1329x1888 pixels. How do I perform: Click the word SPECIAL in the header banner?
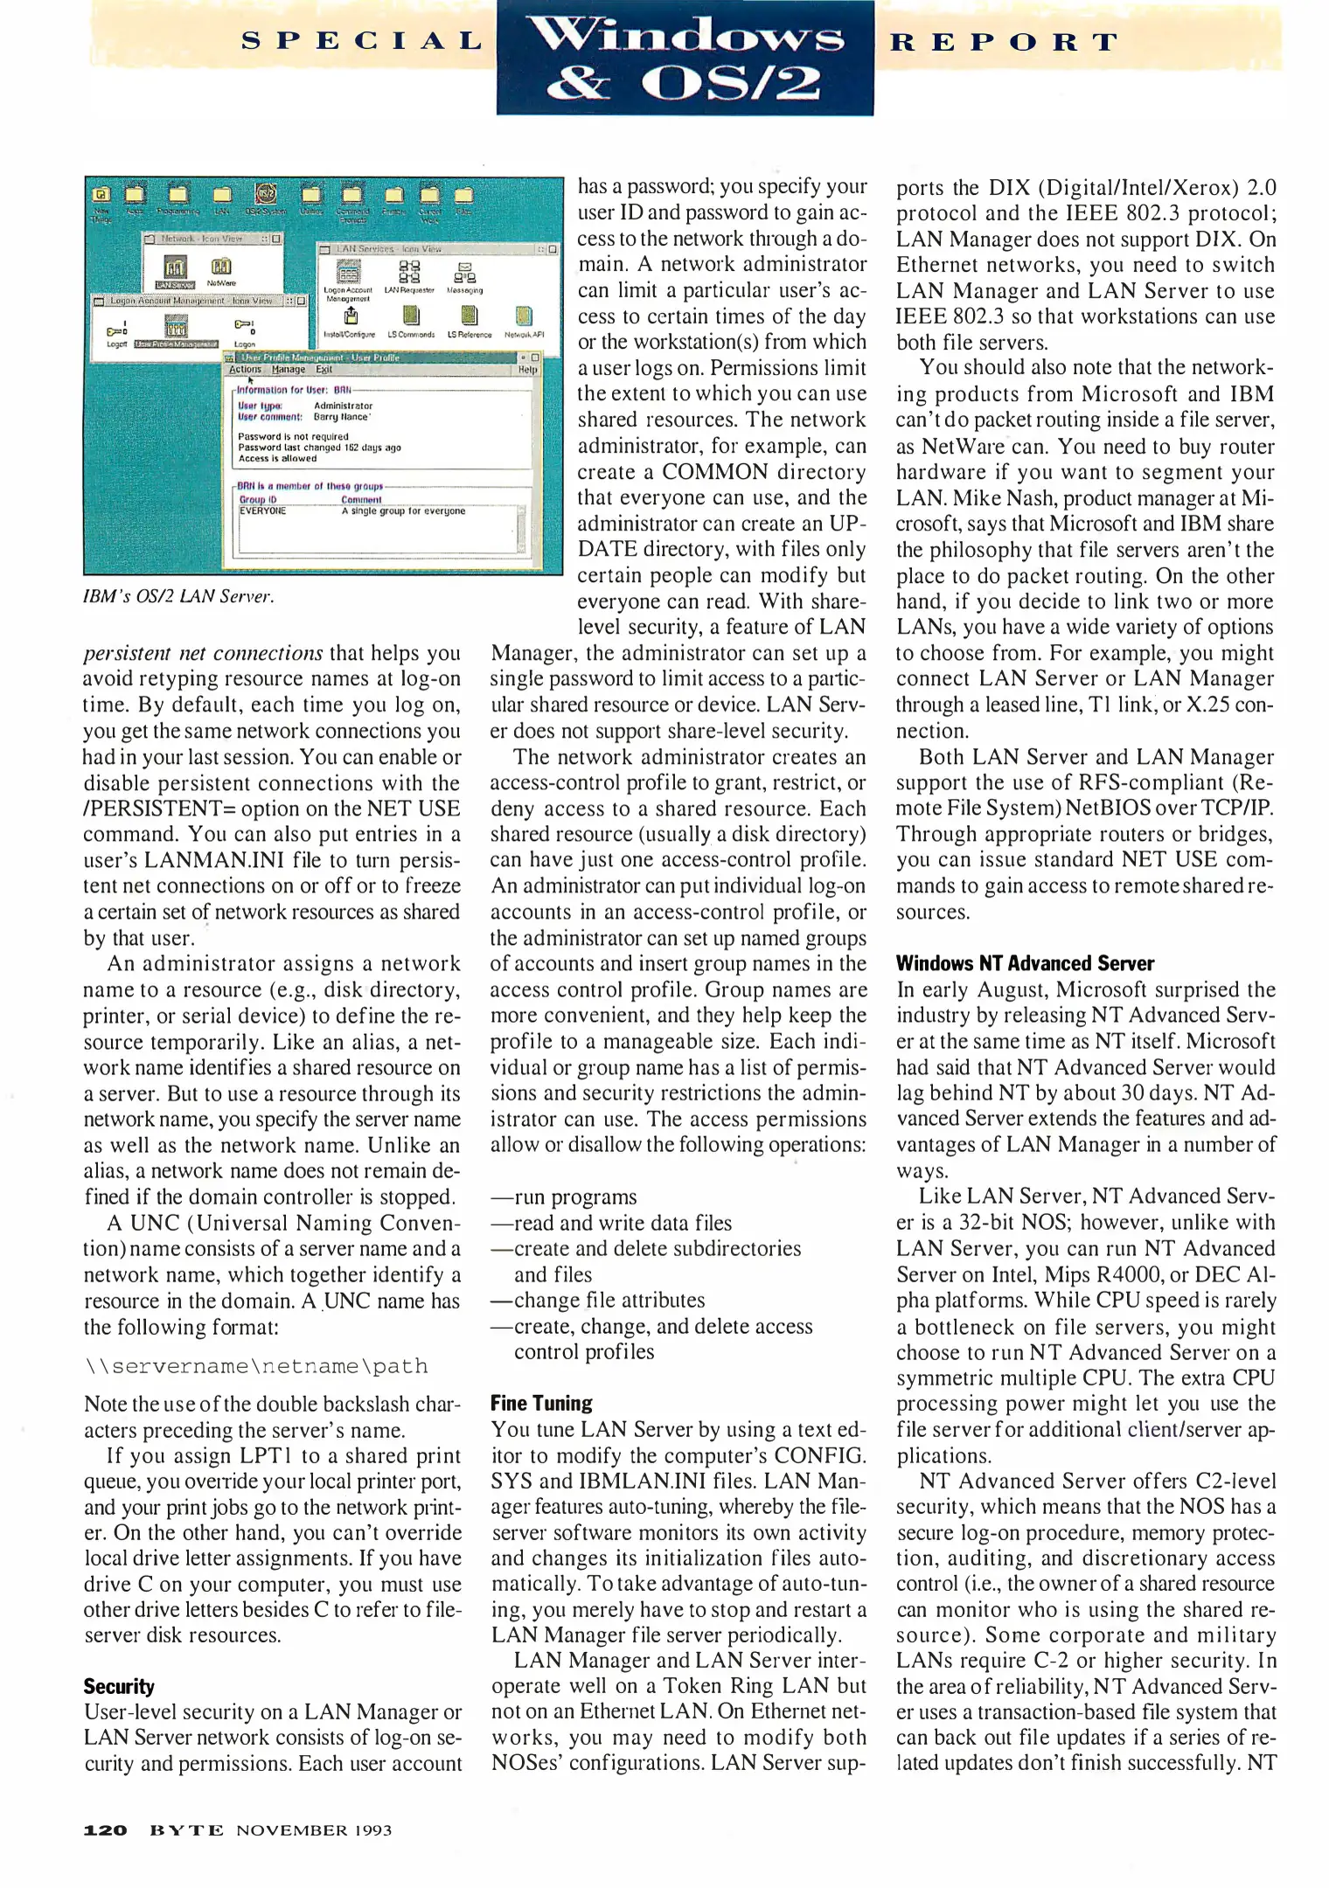(x=362, y=41)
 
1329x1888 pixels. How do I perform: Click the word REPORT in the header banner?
(x=1004, y=42)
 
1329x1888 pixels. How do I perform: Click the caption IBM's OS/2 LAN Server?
(x=178, y=597)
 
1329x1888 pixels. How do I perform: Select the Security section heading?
(x=119, y=1686)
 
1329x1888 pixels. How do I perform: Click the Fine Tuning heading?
(x=541, y=1403)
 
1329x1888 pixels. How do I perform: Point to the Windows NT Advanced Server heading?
(x=1025, y=963)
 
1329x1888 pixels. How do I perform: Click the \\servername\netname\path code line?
(x=256, y=1365)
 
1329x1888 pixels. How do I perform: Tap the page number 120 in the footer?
(x=105, y=1829)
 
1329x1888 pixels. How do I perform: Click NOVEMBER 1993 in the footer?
(x=314, y=1829)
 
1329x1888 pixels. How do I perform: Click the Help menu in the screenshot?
(x=527, y=370)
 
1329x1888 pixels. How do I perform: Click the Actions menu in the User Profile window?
(x=245, y=370)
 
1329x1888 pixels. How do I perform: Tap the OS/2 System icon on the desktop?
(x=266, y=196)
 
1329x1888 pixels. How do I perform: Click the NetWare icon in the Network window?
(x=221, y=268)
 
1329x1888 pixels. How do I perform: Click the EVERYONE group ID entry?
(x=262, y=511)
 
